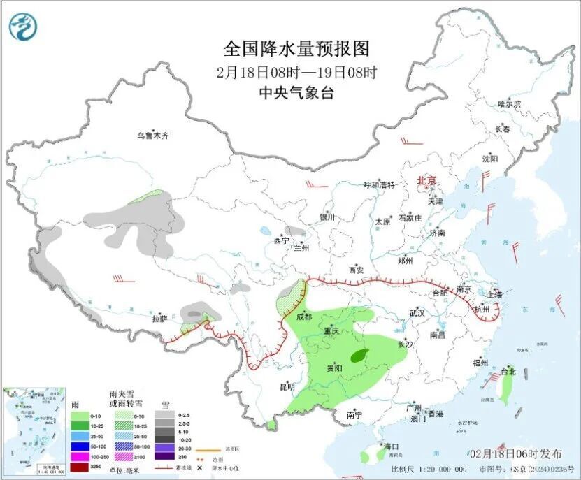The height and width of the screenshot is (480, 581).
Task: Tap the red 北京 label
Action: [426, 181]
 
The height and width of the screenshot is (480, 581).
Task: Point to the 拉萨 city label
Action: [159, 319]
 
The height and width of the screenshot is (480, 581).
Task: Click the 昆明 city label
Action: [287, 386]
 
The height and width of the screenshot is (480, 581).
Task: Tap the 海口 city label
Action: [390, 446]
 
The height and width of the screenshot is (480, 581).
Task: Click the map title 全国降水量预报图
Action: [296, 48]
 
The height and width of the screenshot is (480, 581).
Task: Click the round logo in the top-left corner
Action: [24, 27]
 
